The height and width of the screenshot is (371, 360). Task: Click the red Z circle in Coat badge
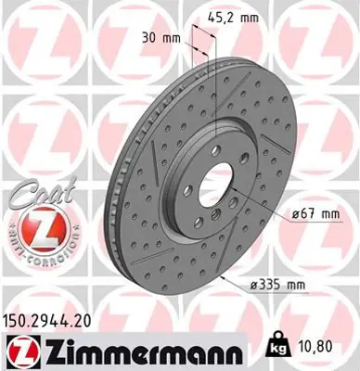[34, 226]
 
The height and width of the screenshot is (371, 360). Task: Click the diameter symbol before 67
[291, 215]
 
